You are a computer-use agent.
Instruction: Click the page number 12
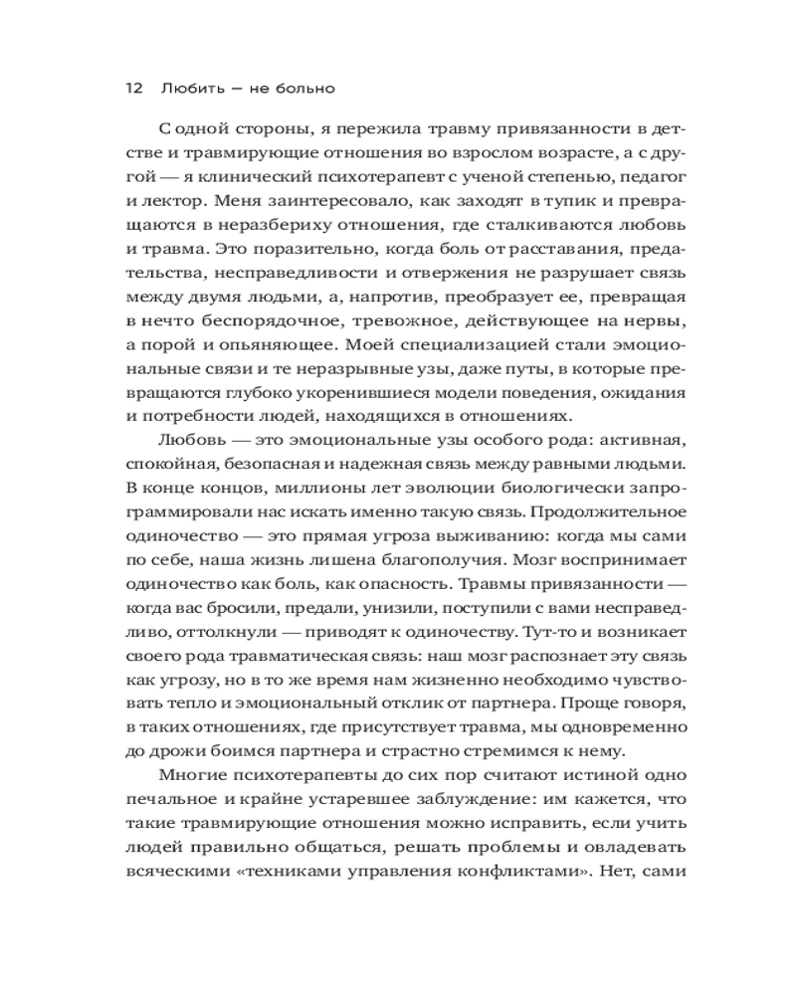click(133, 89)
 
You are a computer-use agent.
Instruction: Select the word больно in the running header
click(305, 89)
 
